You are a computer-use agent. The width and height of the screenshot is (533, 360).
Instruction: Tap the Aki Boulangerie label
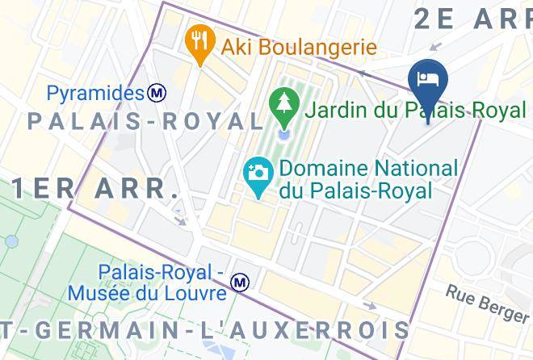point(300,47)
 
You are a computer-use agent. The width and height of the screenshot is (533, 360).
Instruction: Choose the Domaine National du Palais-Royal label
point(367,180)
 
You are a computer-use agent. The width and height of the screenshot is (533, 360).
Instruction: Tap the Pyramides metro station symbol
point(157,94)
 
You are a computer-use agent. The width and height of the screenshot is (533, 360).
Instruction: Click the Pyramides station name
point(95,94)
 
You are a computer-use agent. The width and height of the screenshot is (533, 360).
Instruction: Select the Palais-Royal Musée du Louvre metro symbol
point(239,283)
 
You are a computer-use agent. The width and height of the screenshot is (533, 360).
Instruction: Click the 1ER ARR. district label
point(95,189)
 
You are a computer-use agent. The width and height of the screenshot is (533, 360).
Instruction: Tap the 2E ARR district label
point(472,18)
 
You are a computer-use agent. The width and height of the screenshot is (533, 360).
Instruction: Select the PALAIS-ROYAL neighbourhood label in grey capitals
point(145,122)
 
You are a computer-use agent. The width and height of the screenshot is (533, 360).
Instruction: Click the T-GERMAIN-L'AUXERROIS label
point(206,331)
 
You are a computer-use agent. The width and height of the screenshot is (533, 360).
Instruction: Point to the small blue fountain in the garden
point(283,132)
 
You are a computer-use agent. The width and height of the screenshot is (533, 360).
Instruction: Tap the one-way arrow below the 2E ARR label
point(437,47)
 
